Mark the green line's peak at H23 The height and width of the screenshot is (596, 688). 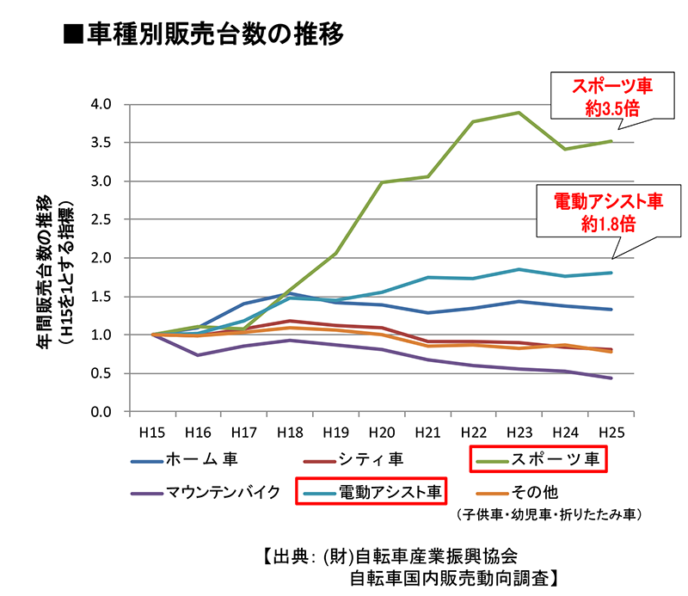tap(518, 113)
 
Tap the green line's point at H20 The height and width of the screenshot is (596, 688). tap(381, 182)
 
